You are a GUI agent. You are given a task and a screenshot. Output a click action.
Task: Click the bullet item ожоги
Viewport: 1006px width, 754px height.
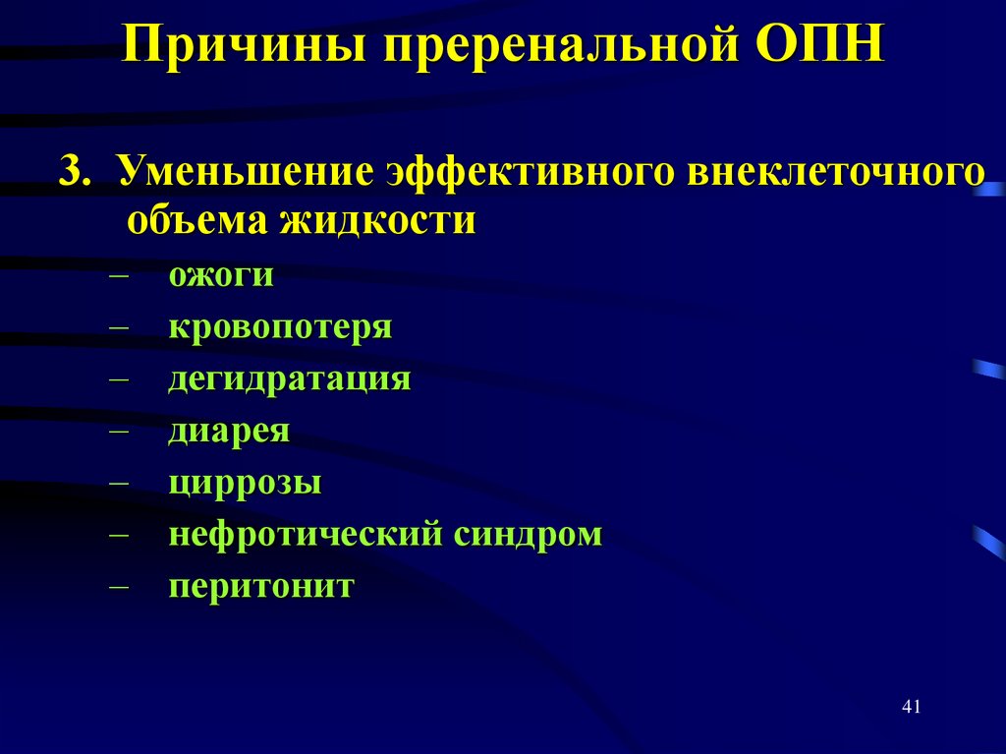(220, 275)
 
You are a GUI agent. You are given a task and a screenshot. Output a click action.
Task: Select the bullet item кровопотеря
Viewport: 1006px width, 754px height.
(280, 326)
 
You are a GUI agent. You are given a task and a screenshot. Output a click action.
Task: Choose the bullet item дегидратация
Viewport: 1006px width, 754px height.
(289, 379)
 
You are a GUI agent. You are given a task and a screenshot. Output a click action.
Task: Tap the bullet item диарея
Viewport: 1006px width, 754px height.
(228, 431)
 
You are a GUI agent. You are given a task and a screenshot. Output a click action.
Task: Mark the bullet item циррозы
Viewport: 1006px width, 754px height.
(245, 484)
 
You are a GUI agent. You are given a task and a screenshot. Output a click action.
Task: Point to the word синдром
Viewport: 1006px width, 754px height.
(528, 535)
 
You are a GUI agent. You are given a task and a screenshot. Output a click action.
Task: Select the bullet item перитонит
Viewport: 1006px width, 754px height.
(260, 587)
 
